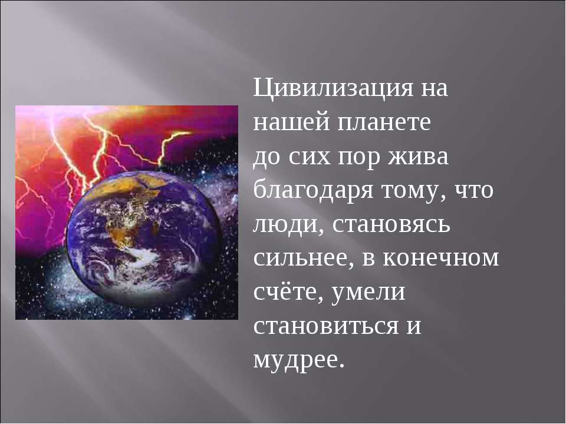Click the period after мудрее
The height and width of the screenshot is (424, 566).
click(x=340, y=366)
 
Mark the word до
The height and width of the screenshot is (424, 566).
click(x=268, y=158)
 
